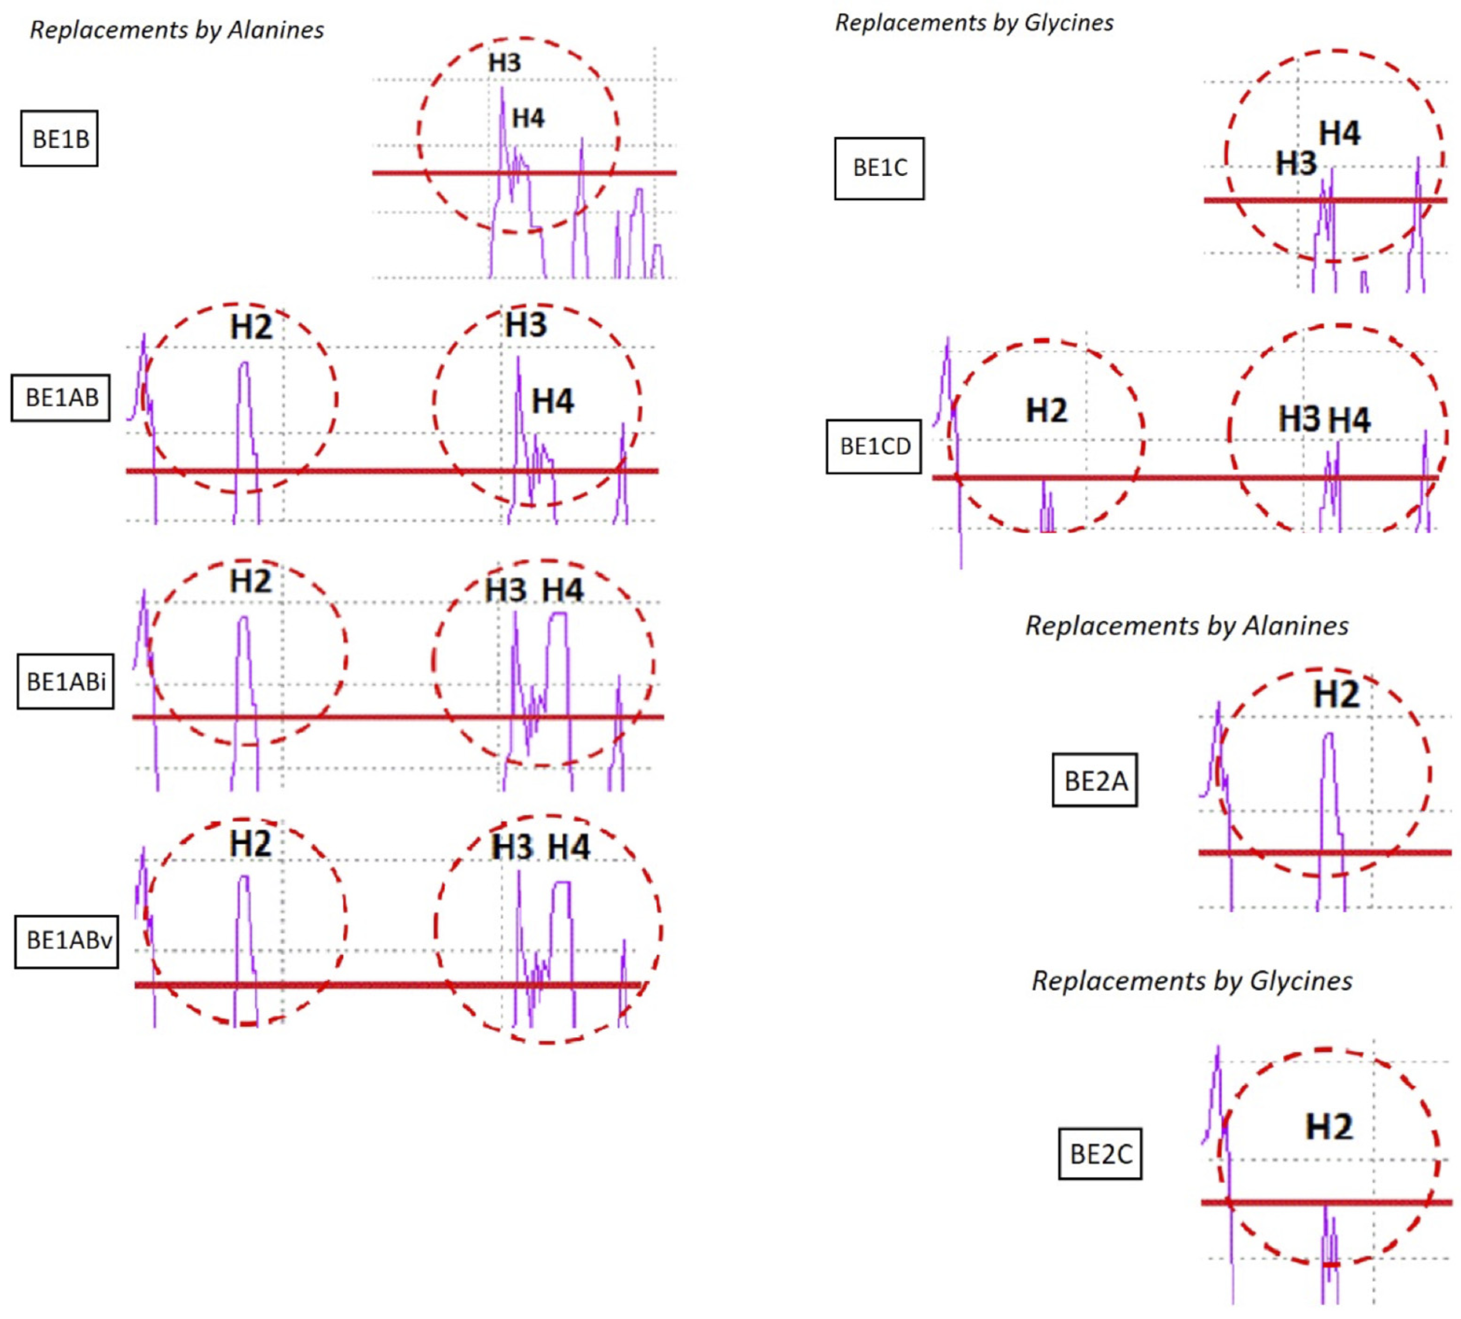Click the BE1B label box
(x=59, y=139)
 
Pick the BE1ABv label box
(x=67, y=940)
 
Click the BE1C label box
(x=879, y=168)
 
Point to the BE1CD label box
(x=874, y=447)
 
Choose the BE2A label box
(x=1094, y=781)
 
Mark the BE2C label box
(x=1100, y=1154)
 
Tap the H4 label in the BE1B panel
(x=528, y=118)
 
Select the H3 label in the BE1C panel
(x=1296, y=164)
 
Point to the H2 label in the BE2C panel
(x=1329, y=1127)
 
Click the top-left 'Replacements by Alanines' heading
(x=177, y=30)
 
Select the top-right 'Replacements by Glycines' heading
(x=974, y=22)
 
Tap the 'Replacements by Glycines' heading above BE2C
(x=1191, y=981)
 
